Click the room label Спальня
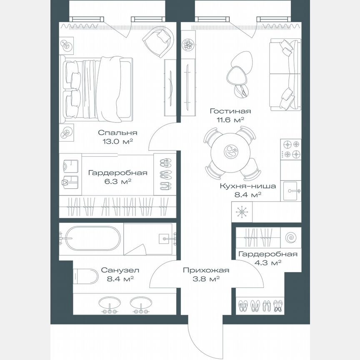pos(117,133)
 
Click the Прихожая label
pos(206,270)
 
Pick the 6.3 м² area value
pos(117,181)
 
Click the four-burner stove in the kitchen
pos(291,150)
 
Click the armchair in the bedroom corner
pos(157,40)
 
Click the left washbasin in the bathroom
pos(110,303)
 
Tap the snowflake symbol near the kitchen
pos(242,212)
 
